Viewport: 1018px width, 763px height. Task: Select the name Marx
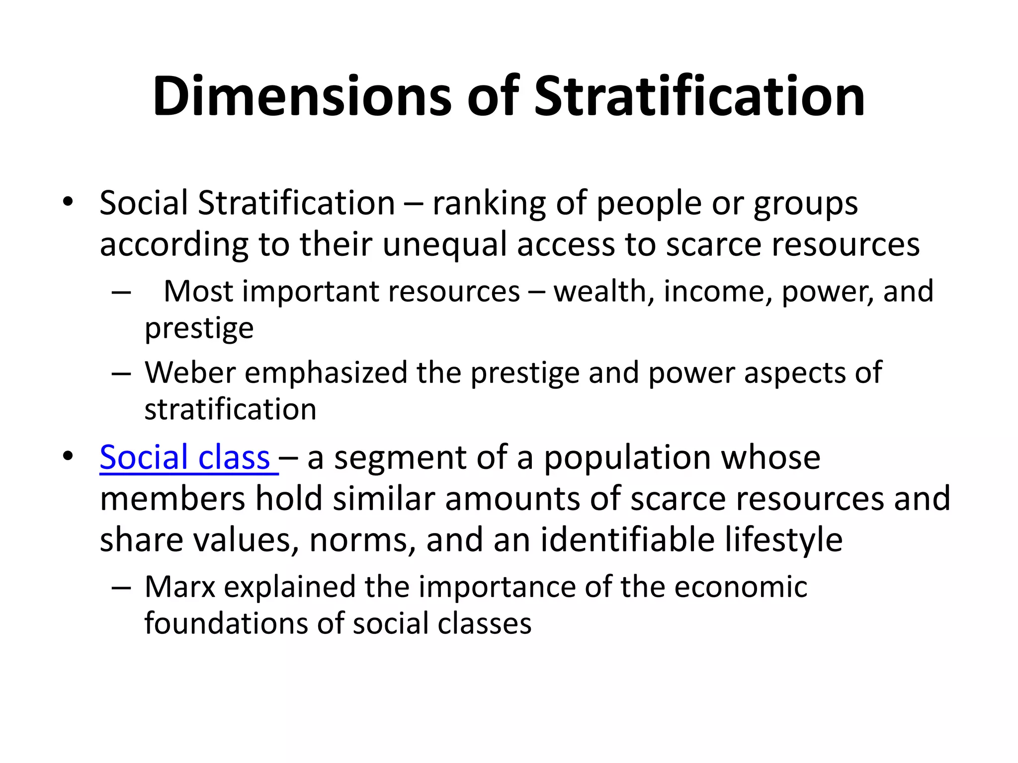pos(179,587)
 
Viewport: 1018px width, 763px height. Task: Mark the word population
pos(628,458)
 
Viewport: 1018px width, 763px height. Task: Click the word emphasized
pos(326,372)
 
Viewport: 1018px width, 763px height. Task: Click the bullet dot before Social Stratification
pos(68,202)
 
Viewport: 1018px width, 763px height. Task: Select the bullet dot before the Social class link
pos(68,456)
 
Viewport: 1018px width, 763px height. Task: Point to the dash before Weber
pos(121,373)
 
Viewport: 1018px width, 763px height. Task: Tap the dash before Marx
pos(121,588)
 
